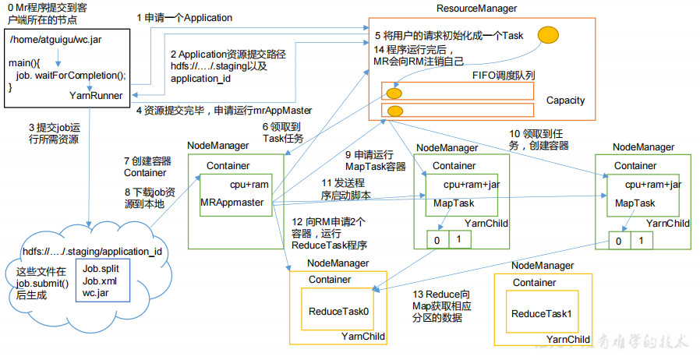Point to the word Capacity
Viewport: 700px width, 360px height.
(x=565, y=101)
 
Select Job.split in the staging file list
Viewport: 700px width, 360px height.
(x=101, y=269)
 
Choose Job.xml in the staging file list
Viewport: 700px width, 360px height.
(x=99, y=281)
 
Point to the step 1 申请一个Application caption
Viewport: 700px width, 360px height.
(x=184, y=16)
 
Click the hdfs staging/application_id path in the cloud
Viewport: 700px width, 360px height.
(x=91, y=251)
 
